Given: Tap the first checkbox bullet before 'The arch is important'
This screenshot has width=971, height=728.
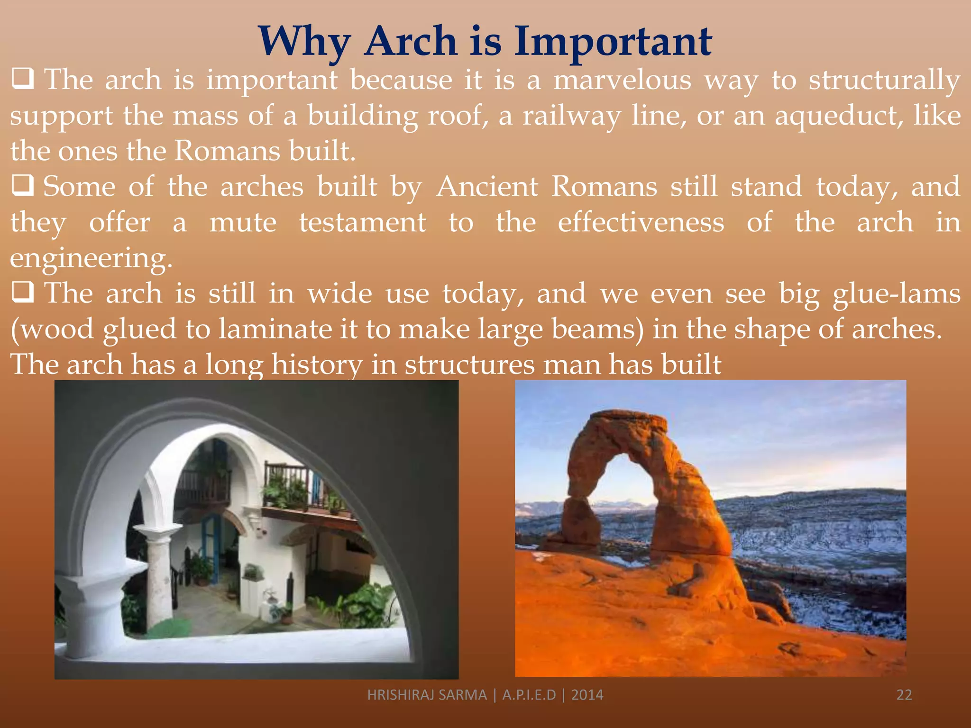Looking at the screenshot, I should pyautogui.click(x=22, y=79).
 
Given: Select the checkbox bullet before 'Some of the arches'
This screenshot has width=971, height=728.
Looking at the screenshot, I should pyautogui.click(x=22, y=186).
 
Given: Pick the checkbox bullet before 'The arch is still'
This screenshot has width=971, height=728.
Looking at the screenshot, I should pyautogui.click(x=22, y=292).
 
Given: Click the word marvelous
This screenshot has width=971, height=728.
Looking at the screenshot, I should pyautogui.click(x=622, y=80).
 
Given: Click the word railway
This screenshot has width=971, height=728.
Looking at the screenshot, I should pyautogui.click(x=571, y=116).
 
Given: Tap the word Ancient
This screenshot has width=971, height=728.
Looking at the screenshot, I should pyautogui.click(x=487, y=186).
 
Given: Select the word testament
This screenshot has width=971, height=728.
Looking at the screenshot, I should pyautogui.click(x=362, y=222).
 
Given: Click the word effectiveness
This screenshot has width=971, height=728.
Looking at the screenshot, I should pyautogui.click(x=641, y=222).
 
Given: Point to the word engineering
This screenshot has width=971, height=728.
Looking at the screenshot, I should pyautogui.click(x=90, y=259).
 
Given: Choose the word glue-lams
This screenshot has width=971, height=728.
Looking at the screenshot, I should pyautogui.click(x=896, y=294).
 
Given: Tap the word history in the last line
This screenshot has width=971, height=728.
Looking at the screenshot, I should pyautogui.click(x=316, y=365).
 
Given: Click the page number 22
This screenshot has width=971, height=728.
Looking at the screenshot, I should pyautogui.click(x=904, y=695).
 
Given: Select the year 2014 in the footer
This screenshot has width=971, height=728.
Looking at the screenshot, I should pyautogui.click(x=587, y=695).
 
